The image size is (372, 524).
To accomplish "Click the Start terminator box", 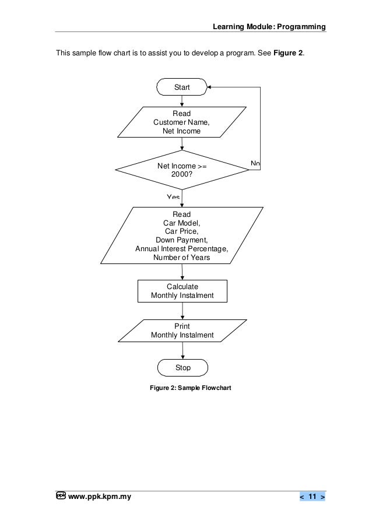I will [182, 87].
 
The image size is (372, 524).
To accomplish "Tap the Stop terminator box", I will [183, 368].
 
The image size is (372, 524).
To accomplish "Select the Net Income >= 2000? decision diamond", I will [182, 170].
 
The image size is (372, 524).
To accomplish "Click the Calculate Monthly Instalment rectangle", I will [182, 291].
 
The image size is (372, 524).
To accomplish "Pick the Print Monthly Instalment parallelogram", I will [182, 330].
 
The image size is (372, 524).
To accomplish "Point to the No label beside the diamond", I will [255, 163].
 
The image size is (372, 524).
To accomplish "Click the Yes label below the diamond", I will [173, 197].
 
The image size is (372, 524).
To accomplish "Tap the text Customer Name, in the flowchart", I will [181, 122].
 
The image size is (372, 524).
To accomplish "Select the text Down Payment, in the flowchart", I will [181, 240].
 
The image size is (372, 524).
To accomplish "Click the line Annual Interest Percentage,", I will [181, 248].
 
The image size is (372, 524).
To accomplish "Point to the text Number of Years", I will [181, 257].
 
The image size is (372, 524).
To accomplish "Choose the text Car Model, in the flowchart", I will [181, 223].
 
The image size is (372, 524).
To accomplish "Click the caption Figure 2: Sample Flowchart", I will [190, 387].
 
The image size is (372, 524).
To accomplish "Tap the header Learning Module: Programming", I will [269, 27].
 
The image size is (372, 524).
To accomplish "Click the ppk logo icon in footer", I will [61, 496].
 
